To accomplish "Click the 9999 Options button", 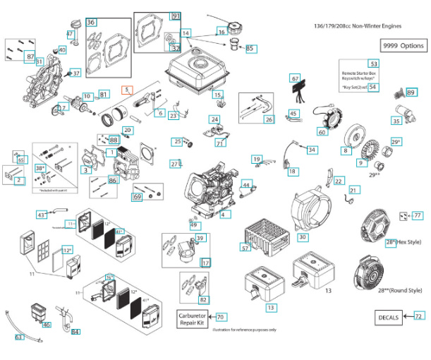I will point(403,45).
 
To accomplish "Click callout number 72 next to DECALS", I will point(419,317).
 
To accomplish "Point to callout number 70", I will point(221,318).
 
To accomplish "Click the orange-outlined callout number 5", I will point(126,90).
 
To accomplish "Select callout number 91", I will point(176,16).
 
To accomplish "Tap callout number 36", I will point(91,23).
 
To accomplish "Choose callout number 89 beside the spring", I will point(411,92).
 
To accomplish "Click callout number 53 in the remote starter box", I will point(373,64).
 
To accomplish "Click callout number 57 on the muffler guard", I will point(245,248).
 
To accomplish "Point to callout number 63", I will point(19,337).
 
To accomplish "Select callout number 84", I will point(75,332).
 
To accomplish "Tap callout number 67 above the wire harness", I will point(296,78).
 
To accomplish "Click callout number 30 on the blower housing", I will point(302,239).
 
